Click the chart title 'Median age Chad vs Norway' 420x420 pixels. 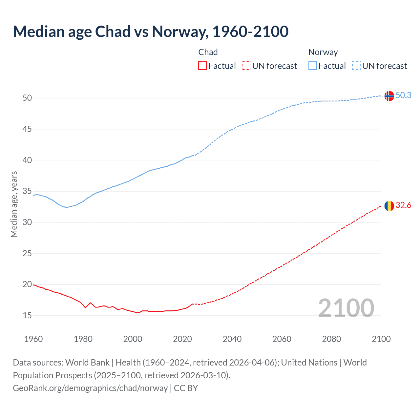[151, 32]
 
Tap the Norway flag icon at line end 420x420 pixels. [389, 96]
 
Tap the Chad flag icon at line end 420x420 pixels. [389, 206]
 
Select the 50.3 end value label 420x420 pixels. [403, 95]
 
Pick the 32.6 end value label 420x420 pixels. [403, 205]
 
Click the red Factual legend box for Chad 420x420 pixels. [202, 66]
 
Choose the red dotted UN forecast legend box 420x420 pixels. [246, 66]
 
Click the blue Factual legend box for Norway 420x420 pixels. [313, 66]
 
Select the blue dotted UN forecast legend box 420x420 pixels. [356, 66]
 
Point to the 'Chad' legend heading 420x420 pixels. [208, 52]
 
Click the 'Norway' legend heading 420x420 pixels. [323, 52]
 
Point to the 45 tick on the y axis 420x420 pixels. [27, 129]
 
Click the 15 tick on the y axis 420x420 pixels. [27, 316]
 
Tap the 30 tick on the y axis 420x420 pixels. [27, 222]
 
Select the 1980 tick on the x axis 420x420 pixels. [83, 339]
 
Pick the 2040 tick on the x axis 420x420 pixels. [232, 339]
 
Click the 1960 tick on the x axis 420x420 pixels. [33, 339]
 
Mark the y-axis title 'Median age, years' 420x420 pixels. [14, 204]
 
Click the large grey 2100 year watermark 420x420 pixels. [346, 308]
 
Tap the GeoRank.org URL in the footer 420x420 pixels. [90, 388]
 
